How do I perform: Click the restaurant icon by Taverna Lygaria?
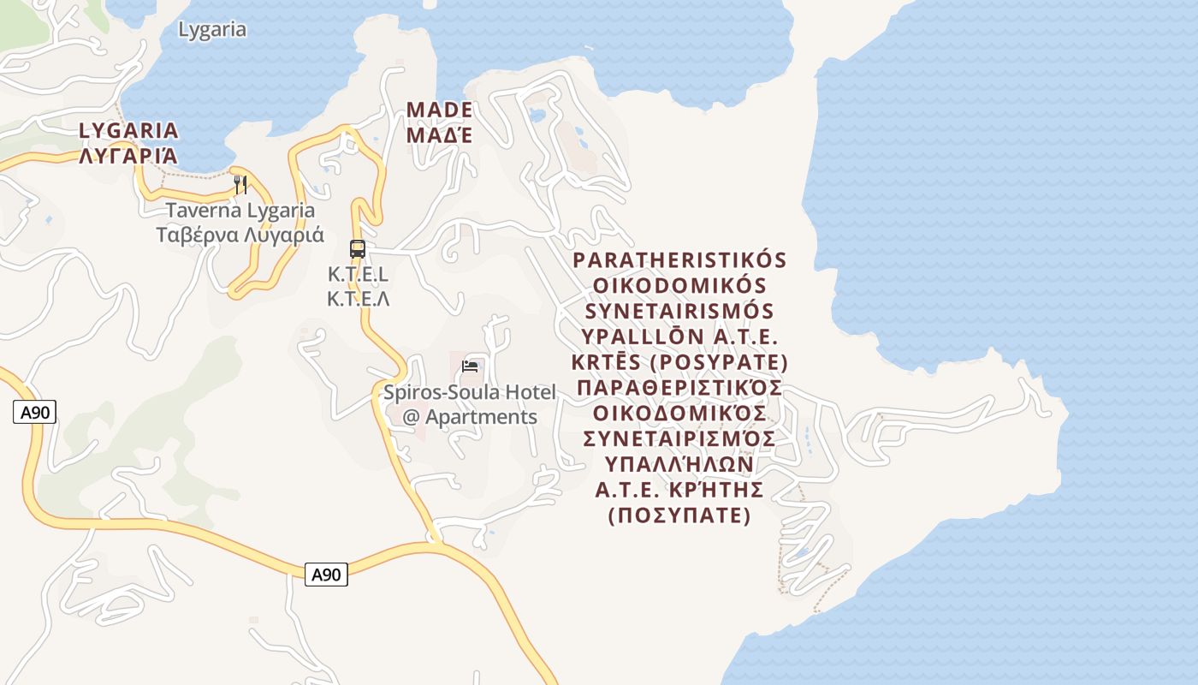coord(240,185)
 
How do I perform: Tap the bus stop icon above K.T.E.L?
coord(358,249)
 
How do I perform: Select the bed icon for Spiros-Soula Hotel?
coord(470,366)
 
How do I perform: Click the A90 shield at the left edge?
coord(36,413)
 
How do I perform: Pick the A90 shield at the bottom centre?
coord(326,575)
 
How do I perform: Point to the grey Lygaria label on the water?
coord(212,30)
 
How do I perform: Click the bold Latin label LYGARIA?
coord(128,131)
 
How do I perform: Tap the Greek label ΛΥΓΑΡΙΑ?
coord(128,156)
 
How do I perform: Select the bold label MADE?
coord(439,110)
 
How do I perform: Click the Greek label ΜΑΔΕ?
coord(439,135)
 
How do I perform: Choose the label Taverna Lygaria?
coord(240,211)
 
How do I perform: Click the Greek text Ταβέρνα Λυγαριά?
coord(240,235)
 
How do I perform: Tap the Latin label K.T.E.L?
coord(358,275)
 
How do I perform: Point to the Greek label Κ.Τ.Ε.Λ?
coord(358,299)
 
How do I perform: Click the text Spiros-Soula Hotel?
coord(470,392)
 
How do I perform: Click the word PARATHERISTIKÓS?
coord(679,259)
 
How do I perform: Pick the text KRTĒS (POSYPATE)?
coord(679,360)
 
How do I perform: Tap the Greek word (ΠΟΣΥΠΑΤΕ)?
coord(679,515)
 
